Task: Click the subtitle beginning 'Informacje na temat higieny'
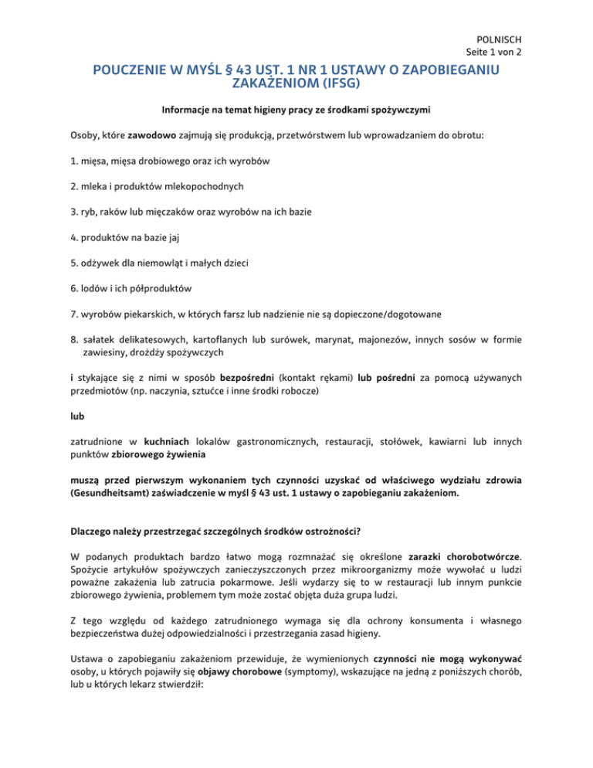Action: tap(296, 115)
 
